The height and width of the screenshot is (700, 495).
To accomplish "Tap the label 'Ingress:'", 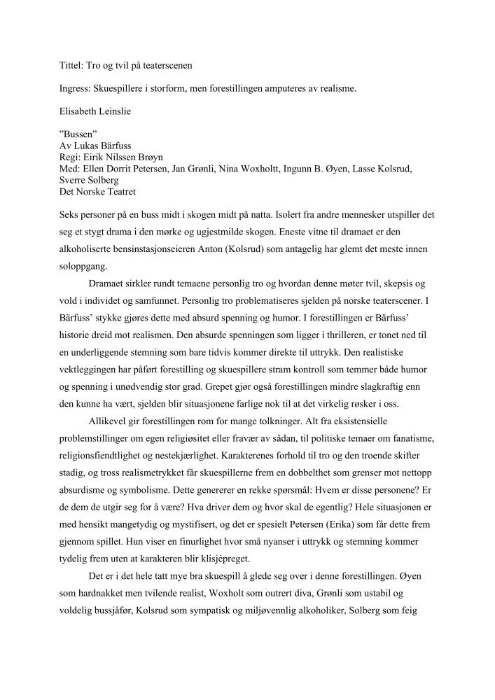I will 76,89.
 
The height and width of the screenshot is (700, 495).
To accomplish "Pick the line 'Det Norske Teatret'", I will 97,190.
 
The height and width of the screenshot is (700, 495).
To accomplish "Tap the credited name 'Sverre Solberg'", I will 88,180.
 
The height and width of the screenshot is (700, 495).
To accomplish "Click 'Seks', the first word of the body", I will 69,213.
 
